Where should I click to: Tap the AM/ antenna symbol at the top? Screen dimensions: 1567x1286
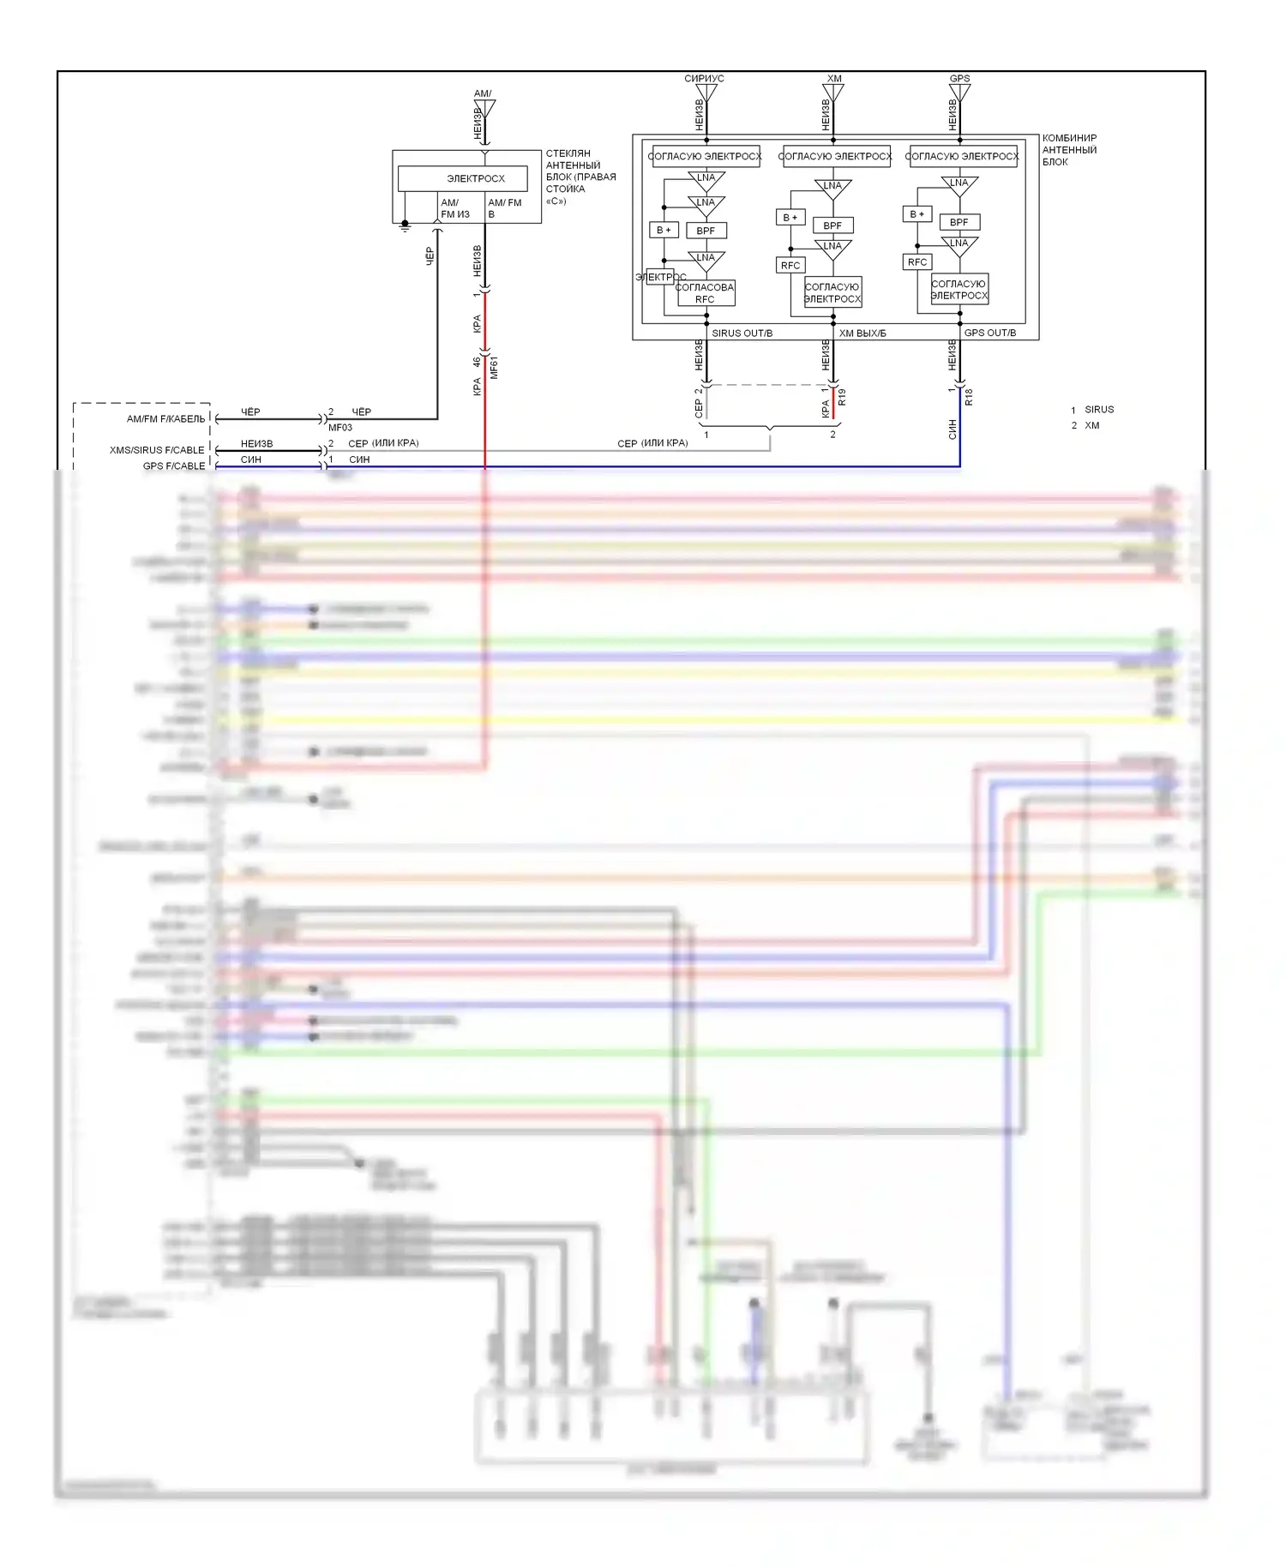(484, 109)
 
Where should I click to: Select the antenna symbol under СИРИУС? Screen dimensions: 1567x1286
(706, 93)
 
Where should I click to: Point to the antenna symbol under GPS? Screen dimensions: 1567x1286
(959, 93)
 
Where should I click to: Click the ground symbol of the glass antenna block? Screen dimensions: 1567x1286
(406, 226)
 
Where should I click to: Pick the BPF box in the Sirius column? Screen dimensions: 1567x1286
(706, 231)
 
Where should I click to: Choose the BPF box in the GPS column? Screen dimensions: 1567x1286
(958, 222)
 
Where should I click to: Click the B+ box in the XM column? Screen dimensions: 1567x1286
(790, 218)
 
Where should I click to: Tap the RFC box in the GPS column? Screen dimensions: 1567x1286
(916, 261)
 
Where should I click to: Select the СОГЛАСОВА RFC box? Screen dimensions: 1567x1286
(705, 293)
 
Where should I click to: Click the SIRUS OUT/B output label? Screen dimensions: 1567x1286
(742, 333)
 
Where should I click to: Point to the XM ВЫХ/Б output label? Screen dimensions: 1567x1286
(862, 333)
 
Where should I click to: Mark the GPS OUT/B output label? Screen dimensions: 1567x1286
(989, 333)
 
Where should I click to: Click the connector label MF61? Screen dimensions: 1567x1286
(494, 368)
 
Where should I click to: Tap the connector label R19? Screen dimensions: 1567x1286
(842, 397)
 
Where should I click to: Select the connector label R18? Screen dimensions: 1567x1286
(969, 397)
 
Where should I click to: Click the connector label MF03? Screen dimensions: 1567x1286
(340, 427)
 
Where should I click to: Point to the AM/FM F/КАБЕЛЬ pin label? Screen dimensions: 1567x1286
(166, 419)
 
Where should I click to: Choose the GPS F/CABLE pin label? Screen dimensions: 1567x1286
(174, 466)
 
